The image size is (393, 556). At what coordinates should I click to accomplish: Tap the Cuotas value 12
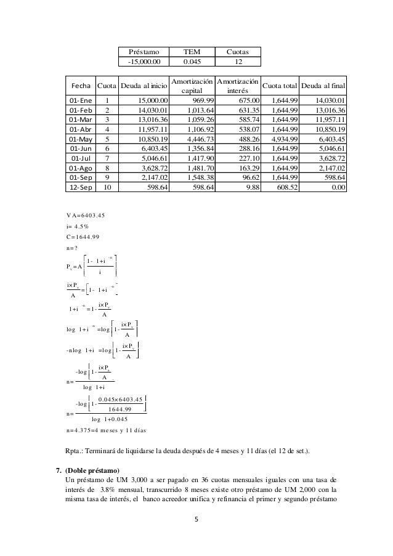(238, 62)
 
